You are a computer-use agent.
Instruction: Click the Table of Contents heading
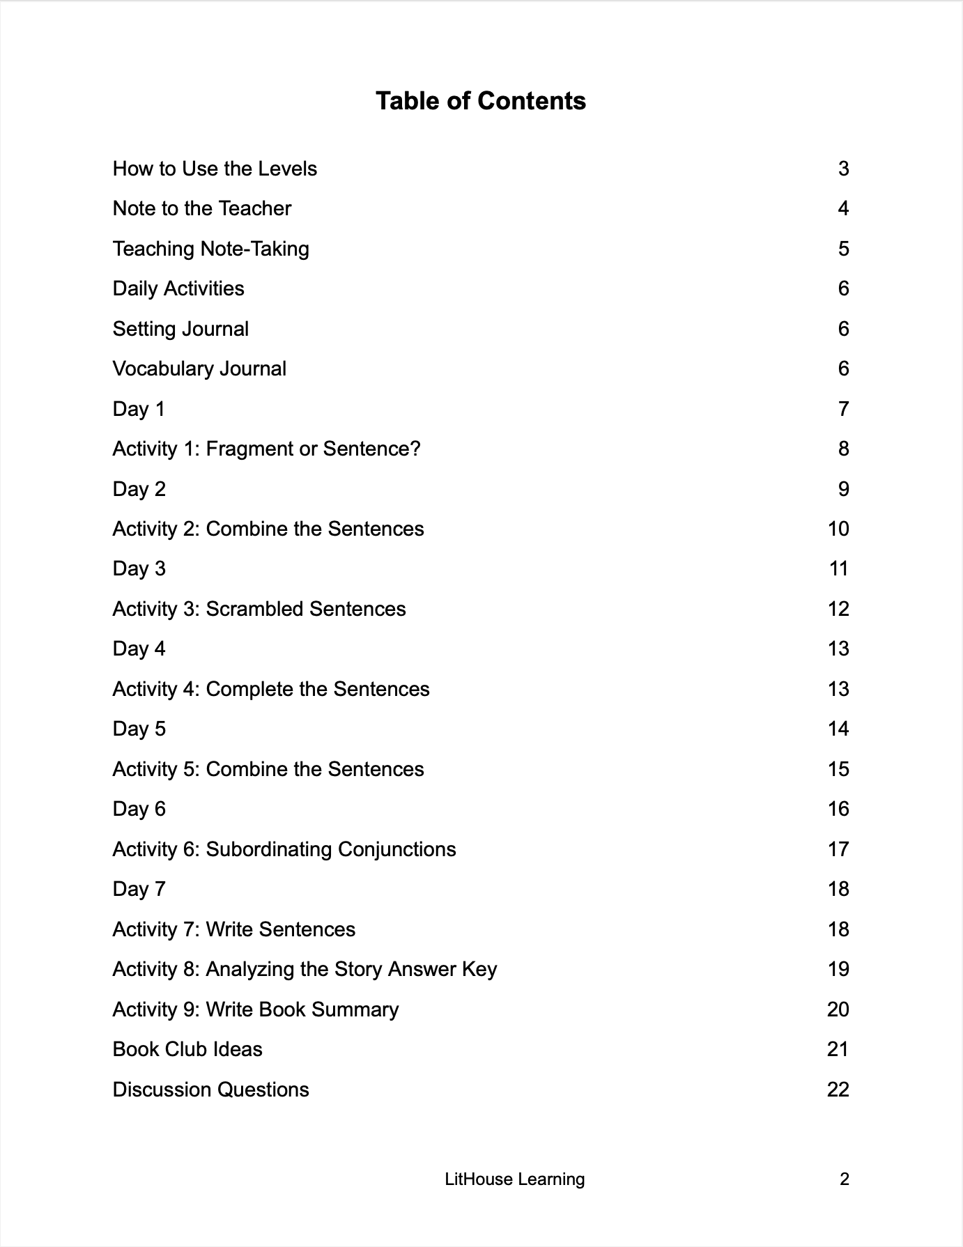[481, 101]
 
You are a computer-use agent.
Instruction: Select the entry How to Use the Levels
[215, 169]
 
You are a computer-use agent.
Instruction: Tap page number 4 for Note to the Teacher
[843, 208]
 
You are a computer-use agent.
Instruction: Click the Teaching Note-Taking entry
[210, 249]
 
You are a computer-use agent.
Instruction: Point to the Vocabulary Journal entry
[199, 369]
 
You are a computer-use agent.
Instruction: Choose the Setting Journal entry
[180, 329]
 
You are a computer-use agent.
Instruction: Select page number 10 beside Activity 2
[838, 529]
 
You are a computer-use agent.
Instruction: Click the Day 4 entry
[139, 649]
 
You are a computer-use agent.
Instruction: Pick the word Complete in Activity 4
[249, 689]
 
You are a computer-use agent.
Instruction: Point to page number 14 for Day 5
[838, 729]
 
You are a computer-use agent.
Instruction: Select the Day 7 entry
[139, 889]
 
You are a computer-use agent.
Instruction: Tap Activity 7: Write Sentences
[233, 929]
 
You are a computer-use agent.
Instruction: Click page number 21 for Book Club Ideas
[838, 1049]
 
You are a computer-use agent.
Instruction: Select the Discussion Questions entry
[210, 1090]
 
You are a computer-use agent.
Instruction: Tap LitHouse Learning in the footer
[514, 1179]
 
